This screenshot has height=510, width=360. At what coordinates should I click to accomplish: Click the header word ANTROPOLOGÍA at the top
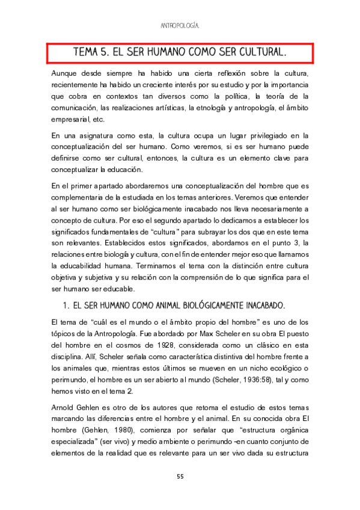click(x=180, y=26)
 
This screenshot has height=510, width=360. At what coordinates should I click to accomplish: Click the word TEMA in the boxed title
click(x=88, y=52)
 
